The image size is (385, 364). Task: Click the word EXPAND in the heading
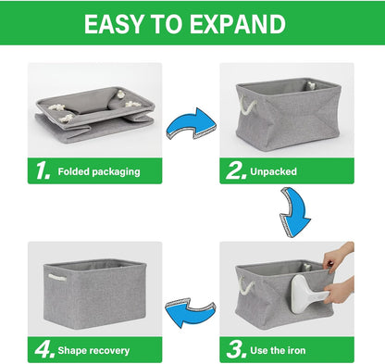tap(238, 24)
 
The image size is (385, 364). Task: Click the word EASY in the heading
tap(114, 24)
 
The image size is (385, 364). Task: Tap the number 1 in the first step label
tap(43, 170)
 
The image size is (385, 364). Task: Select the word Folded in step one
tap(73, 171)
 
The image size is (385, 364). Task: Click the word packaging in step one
tap(116, 172)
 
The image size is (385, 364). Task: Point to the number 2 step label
tap(236, 170)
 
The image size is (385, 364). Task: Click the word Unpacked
tap(273, 171)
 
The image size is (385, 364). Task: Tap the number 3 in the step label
tap(236, 350)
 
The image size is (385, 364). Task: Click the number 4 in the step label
tap(44, 350)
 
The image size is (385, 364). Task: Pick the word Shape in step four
tap(71, 351)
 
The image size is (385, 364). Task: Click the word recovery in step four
tap(108, 351)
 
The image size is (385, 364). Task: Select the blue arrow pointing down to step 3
tap(295, 212)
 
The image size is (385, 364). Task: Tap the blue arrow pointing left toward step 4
tap(190, 312)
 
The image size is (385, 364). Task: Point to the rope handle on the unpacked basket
tap(246, 106)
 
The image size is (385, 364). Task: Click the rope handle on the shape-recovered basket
tap(57, 278)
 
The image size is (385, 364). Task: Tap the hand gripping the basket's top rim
tap(338, 256)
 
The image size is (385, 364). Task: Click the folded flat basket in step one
tap(94, 113)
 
